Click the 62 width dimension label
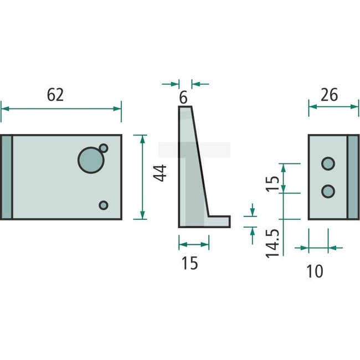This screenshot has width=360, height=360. coord(55,95)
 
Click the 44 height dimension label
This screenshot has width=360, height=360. coord(161,173)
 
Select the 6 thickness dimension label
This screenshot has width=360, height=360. coord(183,98)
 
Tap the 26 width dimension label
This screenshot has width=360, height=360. coord(329,95)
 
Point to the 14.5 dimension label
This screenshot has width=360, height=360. coord(271,242)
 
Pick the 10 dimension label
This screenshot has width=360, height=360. coord(314,271)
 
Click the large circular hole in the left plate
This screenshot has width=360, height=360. coord(90,160)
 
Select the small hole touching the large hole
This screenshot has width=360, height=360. coord(103,148)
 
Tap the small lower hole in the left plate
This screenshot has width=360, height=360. coord(103,205)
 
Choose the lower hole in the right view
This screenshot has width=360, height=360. coord(328,191)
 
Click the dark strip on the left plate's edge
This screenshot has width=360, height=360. coord(6,177)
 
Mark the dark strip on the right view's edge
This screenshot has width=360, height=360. coord(353,177)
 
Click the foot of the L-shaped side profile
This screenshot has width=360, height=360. coord(218,222)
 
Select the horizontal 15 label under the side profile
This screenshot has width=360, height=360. coord(189,263)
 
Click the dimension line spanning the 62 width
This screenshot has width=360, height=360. coord(61,108)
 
